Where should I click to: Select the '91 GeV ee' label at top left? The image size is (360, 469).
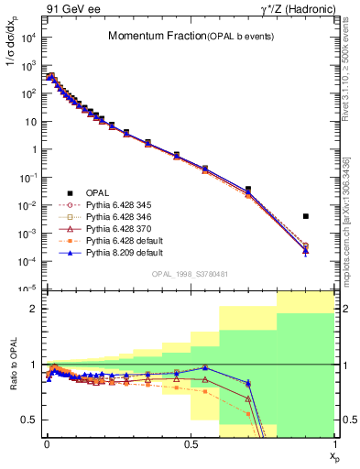[x=64, y=9]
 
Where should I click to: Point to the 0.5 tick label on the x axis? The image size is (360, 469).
[x=190, y=442]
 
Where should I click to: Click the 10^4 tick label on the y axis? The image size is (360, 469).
[x=27, y=38]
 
